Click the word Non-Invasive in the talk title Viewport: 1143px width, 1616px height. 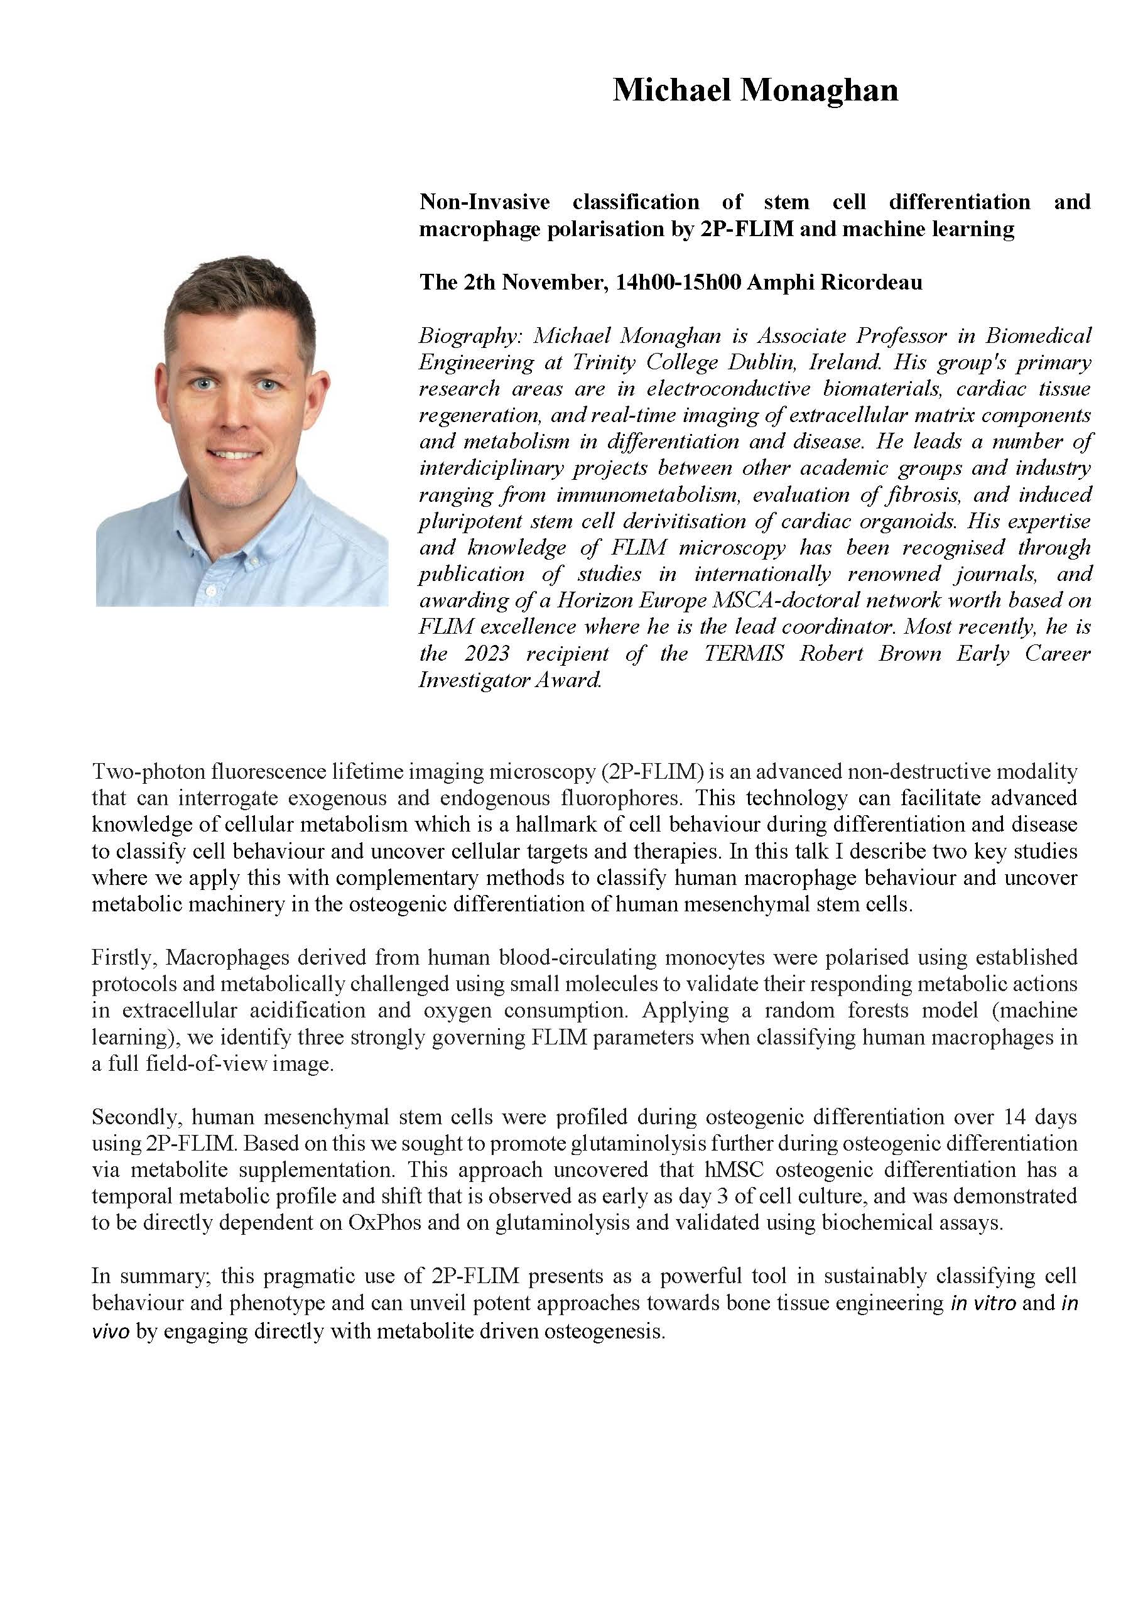tap(484, 202)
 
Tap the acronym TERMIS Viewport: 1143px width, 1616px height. tap(744, 653)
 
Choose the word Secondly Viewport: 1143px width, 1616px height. tap(136, 1117)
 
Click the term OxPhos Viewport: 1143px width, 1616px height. tap(384, 1223)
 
